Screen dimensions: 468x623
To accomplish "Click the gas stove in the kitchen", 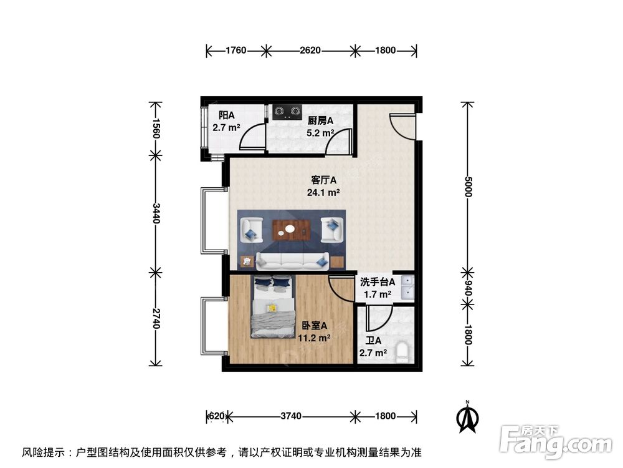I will (286, 111).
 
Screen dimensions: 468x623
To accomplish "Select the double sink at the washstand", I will (407, 288).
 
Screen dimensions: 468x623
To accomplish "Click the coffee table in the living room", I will (292, 229).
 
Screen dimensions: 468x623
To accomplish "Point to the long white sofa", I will (293, 260).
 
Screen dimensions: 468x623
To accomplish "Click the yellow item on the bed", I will (272, 308).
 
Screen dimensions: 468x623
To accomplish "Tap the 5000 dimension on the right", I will (468, 187).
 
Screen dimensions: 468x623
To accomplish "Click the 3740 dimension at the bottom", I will (292, 416).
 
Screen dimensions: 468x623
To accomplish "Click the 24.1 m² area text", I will (323, 193).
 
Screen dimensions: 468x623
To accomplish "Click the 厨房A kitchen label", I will (321, 120).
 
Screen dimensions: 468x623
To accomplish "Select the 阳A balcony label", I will (226, 115).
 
